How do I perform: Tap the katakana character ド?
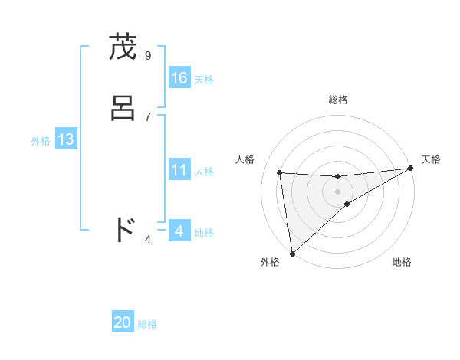coord(123,230)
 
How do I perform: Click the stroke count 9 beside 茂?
coord(147,55)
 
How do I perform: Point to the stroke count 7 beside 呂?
coord(147,116)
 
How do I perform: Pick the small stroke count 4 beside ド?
coord(148,240)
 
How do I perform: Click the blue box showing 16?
coord(179,78)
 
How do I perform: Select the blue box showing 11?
coord(179,170)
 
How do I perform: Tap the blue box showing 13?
coord(65,139)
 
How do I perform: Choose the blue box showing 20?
coord(123,323)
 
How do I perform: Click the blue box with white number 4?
coord(179,231)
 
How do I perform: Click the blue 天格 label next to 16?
coord(204,80)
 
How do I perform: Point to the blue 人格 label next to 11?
coord(204,172)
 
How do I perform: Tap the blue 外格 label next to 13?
coord(41,141)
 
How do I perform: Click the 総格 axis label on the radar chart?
coord(337,100)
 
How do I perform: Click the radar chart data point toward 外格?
coord(292,253)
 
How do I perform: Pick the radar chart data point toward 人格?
coord(279,172)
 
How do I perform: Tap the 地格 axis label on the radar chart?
coord(402,262)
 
